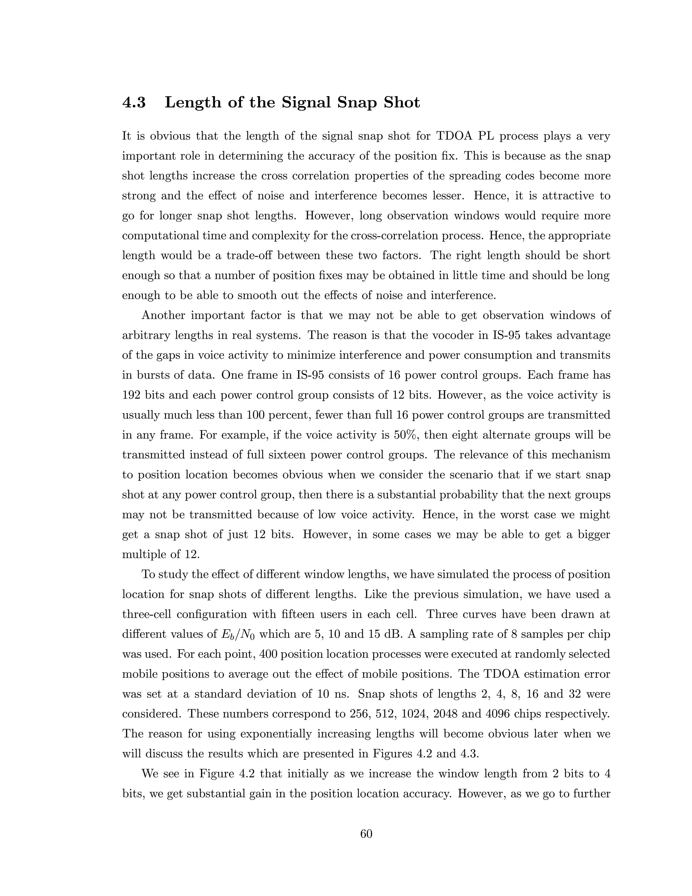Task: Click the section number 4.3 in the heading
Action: (x=134, y=102)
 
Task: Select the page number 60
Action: (x=366, y=834)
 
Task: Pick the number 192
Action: (x=131, y=395)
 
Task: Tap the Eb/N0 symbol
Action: (x=235, y=634)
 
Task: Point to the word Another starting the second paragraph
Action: (x=162, y=315)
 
